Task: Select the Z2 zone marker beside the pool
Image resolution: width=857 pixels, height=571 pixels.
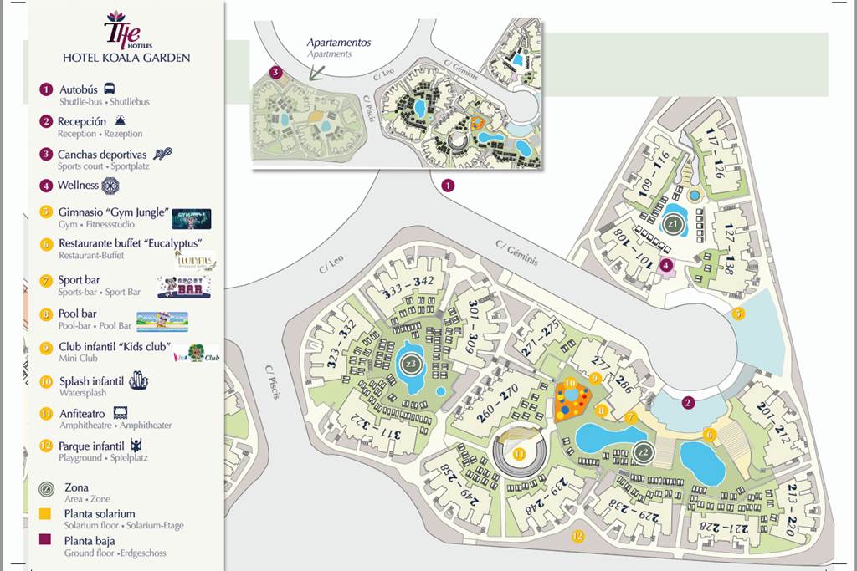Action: point(643,451)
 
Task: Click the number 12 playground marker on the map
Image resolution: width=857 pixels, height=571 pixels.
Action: point(577,536)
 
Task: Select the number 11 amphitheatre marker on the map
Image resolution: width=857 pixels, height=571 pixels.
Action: point(520,454)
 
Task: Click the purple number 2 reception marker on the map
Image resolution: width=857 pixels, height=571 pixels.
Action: point(688,403)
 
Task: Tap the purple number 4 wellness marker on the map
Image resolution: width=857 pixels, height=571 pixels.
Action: point(666,266)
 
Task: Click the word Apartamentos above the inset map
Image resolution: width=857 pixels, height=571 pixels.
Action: point(338,43)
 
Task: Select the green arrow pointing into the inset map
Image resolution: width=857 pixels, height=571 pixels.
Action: point(319,69)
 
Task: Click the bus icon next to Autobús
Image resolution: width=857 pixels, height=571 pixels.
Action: point(110,89)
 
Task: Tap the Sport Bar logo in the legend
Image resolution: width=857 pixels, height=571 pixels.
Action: point(184,286)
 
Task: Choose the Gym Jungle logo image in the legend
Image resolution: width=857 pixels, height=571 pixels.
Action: point(191,219)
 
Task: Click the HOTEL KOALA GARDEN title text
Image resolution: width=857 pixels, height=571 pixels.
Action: point(126,58)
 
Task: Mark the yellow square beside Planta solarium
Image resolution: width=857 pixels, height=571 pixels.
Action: point(45,513)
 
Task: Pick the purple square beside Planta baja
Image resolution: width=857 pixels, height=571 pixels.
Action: point(45,541)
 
